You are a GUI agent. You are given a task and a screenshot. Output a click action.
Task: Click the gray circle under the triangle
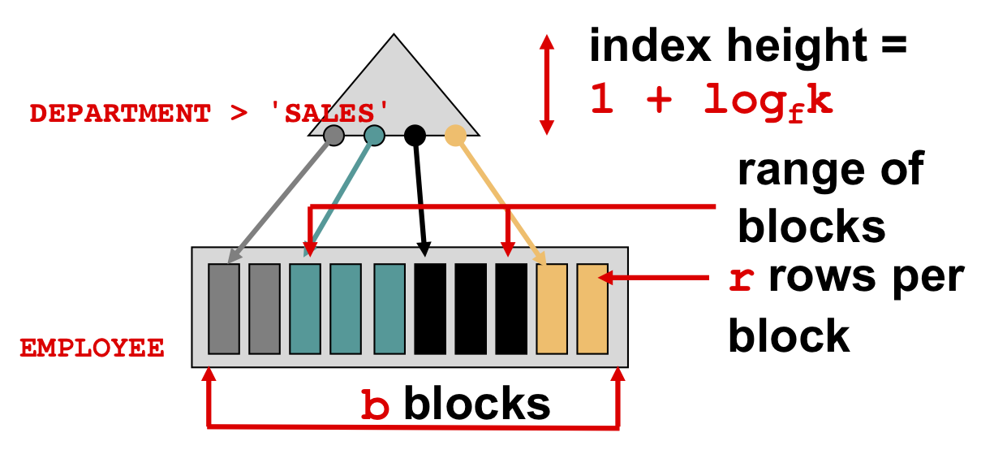coord(333,135)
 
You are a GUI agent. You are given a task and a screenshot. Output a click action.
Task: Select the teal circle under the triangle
coord(374,135)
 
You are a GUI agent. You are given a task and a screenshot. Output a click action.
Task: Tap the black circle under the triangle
coord(415,135)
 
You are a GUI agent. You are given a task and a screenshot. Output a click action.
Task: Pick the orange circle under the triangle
coord(455,135)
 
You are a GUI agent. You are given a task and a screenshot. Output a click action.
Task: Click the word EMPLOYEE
coord(92,348)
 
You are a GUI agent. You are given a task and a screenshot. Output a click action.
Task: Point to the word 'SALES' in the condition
coord(329,113)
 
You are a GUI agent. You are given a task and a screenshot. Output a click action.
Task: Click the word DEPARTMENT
coord(120,114)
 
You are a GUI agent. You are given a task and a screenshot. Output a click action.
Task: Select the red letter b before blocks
coord(375,405)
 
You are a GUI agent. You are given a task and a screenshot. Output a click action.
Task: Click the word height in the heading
coord(797,45)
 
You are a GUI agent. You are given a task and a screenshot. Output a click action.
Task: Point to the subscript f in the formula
coord(796,115)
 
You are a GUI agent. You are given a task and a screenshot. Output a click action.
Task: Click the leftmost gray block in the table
coord(224,309)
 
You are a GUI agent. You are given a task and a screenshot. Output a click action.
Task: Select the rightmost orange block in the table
coord(592,309)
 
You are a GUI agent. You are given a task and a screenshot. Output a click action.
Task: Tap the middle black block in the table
coord(471,309)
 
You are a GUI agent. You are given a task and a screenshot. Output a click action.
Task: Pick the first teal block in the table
coord(305,309)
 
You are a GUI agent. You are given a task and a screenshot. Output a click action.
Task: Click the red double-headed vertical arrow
coord(547,84)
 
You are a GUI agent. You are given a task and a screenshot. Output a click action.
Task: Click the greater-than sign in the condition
coord(239,114)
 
